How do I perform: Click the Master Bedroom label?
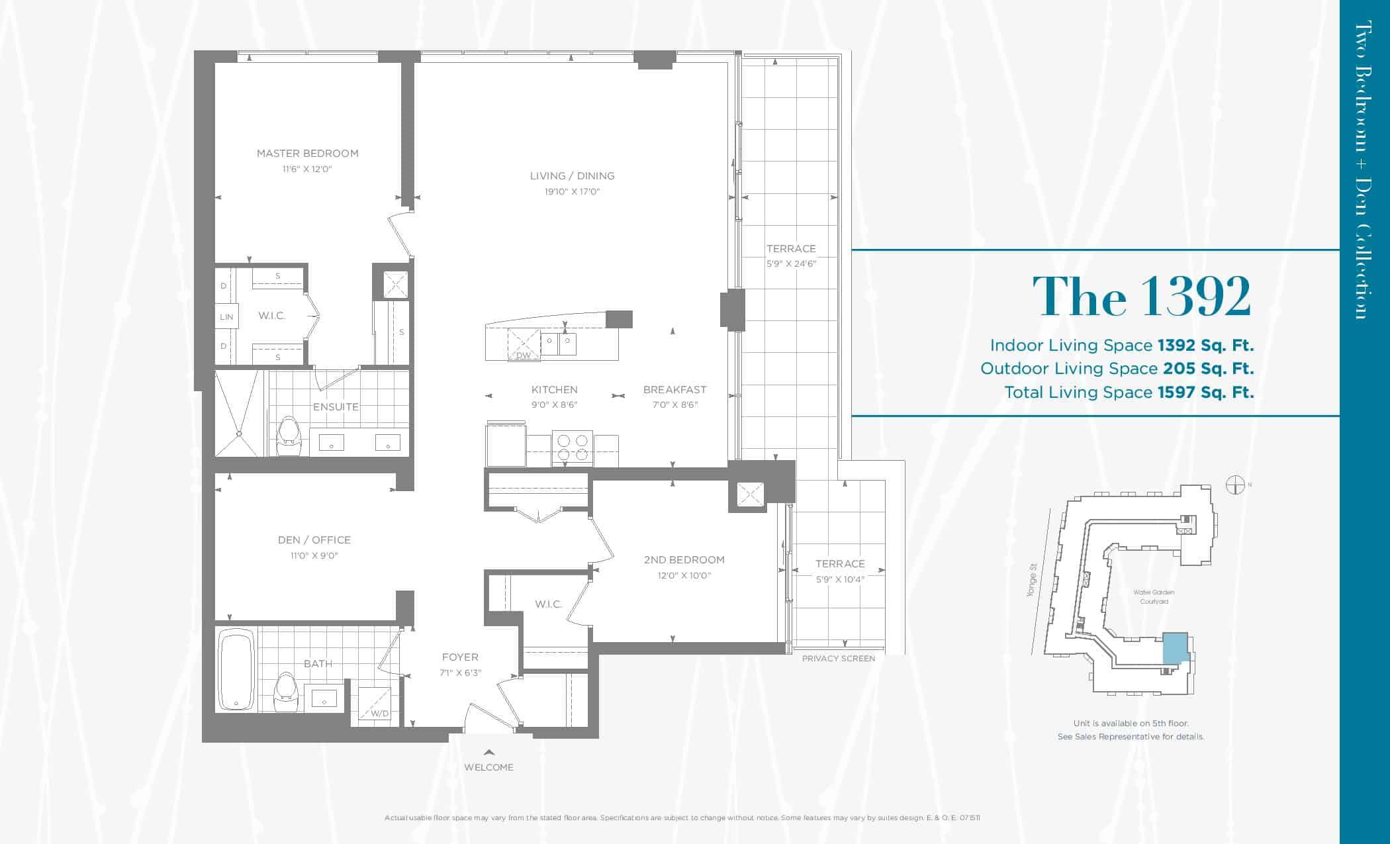pyautogui.click(x=308, y=153)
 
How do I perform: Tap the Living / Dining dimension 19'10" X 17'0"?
pyautogui.click(x=573, y=191)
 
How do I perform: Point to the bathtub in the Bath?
pyautogui.click(x=236, y=671)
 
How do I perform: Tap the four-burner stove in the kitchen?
pyautogui.click(x=573, y=445)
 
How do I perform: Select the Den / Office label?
pyautogui.click(x=314, y=540)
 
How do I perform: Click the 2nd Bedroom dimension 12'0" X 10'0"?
pyautogui.click(x=684, y=576)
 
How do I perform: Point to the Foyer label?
pyautogui.click(x=460, y=657)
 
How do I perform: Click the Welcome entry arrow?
pyautogui.click(x=488, y=752)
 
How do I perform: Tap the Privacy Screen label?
pyautogui.click(x=839, y=659)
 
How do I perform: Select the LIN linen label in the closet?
pyautogui.click(x=227, y=317)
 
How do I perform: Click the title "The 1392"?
pyautogui.click(x=1142, y=296)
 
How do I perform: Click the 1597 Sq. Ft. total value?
pyautogui.click(x=1206, y=392)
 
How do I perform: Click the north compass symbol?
pyautogui.click(x=1235, y=485)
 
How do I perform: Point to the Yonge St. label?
pyautogui.click(x=1033, y=581)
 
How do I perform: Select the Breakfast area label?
pyautogui.click(x=674, y=390)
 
